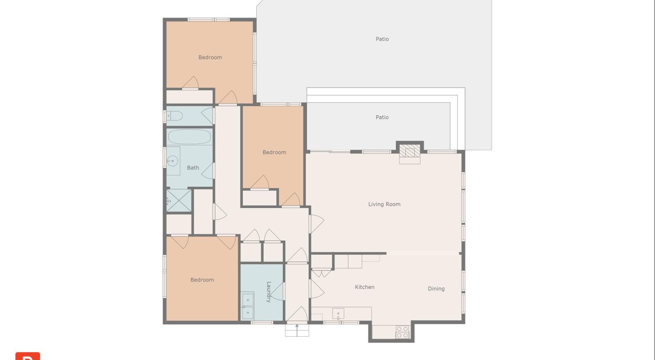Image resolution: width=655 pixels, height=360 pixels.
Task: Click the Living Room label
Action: coord(384,204)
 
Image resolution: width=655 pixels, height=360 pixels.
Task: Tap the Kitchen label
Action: coord(365,287)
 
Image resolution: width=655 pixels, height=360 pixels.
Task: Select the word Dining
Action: coord(436,289)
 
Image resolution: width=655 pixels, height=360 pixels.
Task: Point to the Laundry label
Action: coord(269,292)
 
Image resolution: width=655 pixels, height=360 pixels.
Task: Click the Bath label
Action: coord(193,168)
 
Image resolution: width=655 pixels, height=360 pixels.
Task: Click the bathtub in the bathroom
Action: coord(190,137)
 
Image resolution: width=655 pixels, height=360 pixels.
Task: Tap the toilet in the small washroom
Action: coord(174,116)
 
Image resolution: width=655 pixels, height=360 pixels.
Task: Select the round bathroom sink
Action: coord(172,161)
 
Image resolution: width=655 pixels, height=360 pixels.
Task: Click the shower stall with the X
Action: coord(178,200)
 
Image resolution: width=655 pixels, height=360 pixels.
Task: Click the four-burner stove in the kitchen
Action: coord(402,332)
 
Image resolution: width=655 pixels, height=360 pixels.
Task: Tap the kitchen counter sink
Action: coord(338,314)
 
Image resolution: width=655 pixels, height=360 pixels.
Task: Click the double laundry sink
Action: coord(248,306)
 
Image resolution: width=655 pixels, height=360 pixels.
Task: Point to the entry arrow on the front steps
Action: coord(297,330)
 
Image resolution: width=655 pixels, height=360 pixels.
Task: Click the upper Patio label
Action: coord(382,39)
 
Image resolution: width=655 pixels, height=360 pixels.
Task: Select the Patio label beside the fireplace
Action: coord(382,117)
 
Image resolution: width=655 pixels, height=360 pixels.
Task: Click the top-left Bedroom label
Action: coord(210,57)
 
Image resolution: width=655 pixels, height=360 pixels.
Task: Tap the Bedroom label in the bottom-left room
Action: coord(202,280)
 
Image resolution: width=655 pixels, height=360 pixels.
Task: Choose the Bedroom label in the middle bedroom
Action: coord(274,152)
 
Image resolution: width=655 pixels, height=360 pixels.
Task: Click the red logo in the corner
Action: coord(28,356)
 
